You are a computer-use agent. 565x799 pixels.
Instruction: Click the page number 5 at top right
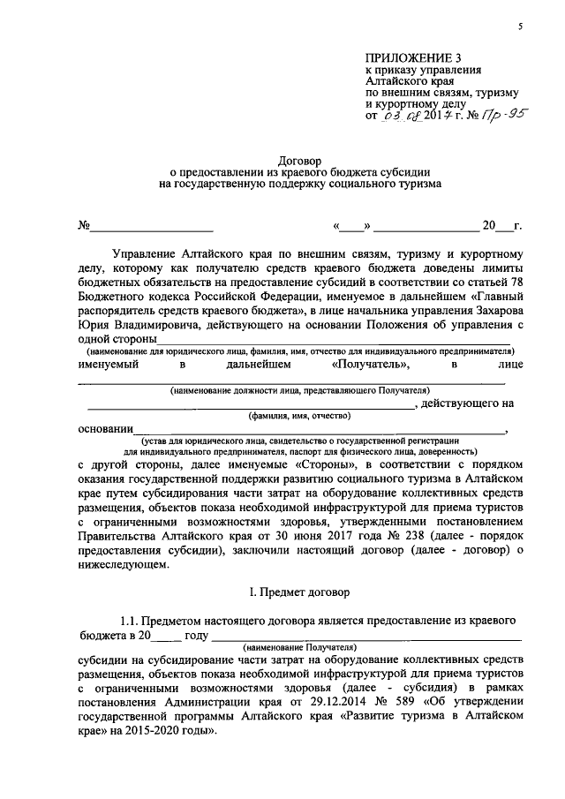(x=521, y=27)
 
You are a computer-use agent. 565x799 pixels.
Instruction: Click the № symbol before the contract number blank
(x=85, y=225)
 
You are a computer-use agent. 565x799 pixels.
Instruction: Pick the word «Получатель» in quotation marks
(x=369, y=364)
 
